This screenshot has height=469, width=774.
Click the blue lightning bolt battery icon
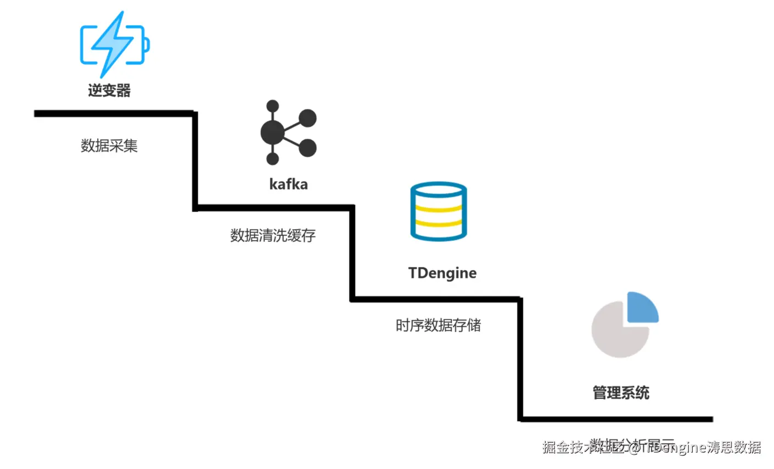[x=114, y=44]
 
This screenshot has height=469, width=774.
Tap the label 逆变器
[x=109, y=90]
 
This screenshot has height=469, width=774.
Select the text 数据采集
[x=109, y=146]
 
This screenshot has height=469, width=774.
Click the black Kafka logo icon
[x=288, y=133]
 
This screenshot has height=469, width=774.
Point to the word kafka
[x=288, y=184]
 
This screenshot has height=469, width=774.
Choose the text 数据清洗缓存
[x=273, y=235]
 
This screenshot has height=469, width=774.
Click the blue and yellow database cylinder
[x=438, y=212]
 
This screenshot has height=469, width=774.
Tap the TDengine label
[x=442, y=273]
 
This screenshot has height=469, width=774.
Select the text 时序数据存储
[x=438, y=325]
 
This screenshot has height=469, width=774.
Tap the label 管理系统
[x=621, y=393]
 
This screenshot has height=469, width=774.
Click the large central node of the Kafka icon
[x=272, y=133]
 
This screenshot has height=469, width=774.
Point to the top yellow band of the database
[x=438, y=208]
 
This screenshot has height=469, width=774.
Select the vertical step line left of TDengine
[x=352, y=253]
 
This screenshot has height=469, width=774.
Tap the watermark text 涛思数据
[x=734, y=448]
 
